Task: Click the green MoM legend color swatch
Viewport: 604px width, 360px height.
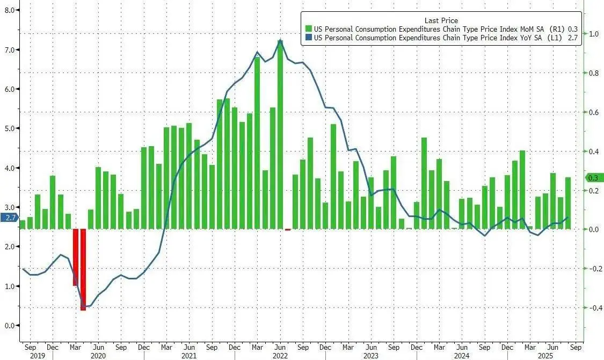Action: [308, 28]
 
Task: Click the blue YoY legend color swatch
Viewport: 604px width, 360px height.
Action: [308, 38]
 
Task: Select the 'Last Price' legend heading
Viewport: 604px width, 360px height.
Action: [441, 20]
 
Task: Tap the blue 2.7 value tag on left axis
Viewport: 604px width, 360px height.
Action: [10, 218]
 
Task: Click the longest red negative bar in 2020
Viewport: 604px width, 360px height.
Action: [83, 269]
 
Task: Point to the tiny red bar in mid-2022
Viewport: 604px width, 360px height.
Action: [288, 229]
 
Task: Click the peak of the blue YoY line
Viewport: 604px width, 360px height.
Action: [280, 40]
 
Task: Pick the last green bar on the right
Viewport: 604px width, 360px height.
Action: [568, 203]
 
